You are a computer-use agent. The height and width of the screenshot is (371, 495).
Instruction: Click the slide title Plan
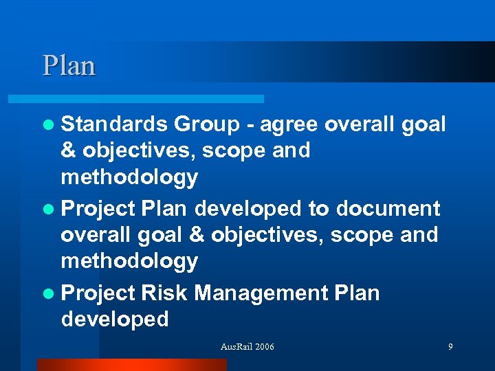tap(69, 66)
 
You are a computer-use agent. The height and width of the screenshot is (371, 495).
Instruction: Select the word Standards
tap(114, 124)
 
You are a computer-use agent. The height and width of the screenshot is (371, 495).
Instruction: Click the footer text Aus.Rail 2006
tap(247, 347)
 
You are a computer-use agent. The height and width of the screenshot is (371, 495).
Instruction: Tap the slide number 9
tap(450, 347)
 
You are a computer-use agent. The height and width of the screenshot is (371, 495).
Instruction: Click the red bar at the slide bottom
tap(131, 365)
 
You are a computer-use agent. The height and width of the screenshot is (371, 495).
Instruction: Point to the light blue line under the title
tap(151, 99)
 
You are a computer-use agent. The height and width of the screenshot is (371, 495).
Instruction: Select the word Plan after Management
tap(356, 293)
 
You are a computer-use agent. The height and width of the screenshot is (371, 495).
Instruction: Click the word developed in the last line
tap(114, 319)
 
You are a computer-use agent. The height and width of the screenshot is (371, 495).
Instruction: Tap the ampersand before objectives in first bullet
tap(68, 150)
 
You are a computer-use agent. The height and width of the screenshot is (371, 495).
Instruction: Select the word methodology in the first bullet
tap(129, 178)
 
